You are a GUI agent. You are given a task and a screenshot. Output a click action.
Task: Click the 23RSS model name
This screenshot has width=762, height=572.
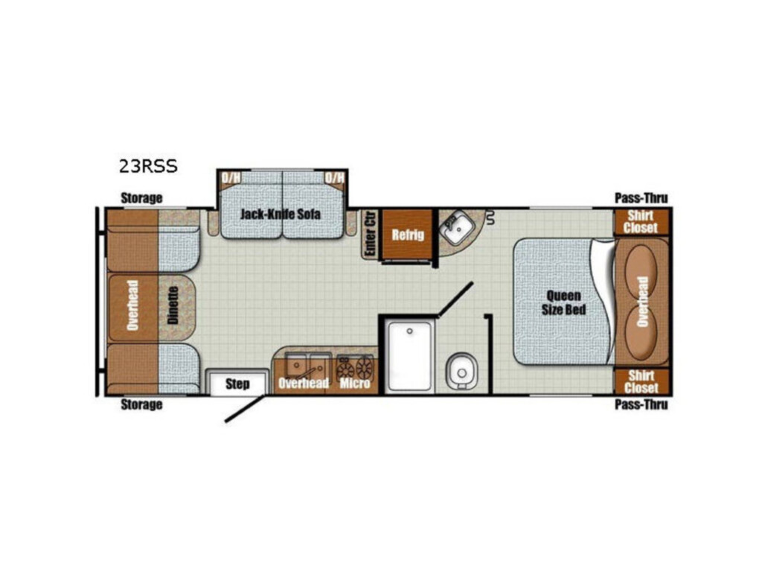[x=148, y=166]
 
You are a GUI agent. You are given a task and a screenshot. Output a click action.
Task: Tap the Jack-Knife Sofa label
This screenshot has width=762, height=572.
[x=281, y=214]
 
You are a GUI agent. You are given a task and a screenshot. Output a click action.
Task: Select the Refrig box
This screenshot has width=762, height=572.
[x=407, y=235]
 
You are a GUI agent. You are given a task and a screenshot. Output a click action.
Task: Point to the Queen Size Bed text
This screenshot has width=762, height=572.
[x=564, y=302]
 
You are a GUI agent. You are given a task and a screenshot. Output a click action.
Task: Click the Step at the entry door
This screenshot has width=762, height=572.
[x=237, y=384]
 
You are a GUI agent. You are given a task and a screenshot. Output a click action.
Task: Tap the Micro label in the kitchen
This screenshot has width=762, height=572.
[x=355, y=384]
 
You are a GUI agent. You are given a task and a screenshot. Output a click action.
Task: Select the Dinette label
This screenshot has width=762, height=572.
[x=173, y=305]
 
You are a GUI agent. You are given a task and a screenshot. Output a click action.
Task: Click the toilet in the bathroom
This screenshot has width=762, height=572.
[x=461, y=372]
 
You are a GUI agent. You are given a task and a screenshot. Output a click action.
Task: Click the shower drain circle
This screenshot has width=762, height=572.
[x=410, y=331]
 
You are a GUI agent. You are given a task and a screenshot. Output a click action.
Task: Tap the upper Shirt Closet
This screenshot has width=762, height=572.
[x=641, y=222]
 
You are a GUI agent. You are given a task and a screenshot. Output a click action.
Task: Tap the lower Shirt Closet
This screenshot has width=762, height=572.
[x=641, y=381]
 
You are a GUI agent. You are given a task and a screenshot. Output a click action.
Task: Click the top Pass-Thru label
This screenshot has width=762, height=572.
[x=641, y=198]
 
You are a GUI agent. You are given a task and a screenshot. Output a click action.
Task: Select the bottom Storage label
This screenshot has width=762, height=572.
[x=141, y=404]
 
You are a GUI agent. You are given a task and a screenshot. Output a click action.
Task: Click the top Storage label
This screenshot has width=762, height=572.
[x=141, y=198]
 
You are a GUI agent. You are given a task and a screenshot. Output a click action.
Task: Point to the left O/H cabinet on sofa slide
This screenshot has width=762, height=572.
[x=231, y=178]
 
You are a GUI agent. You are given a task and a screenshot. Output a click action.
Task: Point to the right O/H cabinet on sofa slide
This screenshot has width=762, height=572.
[x=334, y=178]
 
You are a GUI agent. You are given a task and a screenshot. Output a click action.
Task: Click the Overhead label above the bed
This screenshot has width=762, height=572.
[x=642, y=302]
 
